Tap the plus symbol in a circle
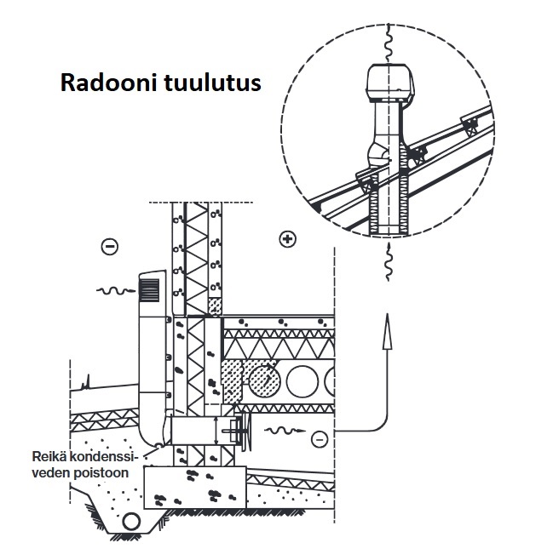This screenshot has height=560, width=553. pos(287,239)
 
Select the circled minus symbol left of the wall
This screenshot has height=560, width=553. pos(110,247)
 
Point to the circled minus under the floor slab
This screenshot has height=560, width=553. pos(319,438)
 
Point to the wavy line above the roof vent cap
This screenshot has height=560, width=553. pos(387,39)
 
